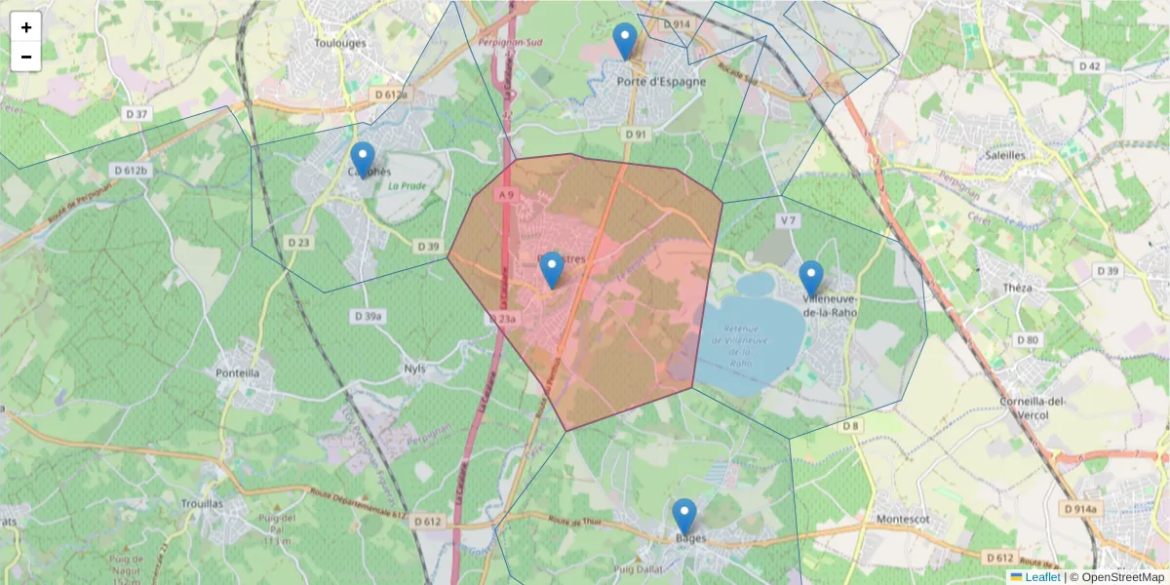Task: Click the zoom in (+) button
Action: (26, 27)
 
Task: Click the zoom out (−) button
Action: (26, 57)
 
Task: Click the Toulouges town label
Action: (340, 43)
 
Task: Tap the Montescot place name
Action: (906, 520)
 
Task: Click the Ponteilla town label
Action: (237, 372)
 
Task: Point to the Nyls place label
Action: (414, 369)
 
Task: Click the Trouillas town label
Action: (202, 503)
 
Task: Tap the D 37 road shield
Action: (137, 114)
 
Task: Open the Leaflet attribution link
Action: (1042, 577)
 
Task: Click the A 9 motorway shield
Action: (504, 195)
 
